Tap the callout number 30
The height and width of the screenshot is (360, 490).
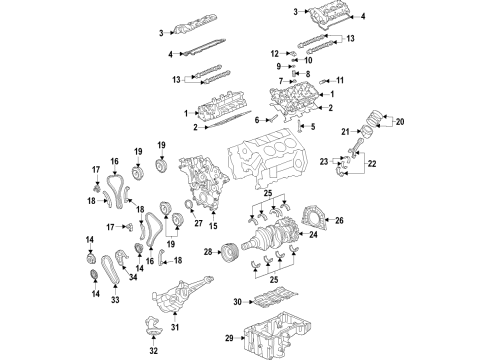click(236, 301)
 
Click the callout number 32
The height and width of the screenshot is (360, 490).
click(153, 352)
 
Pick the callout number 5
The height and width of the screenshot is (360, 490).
click(313, 126)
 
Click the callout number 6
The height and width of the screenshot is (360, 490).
click(257, 119)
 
